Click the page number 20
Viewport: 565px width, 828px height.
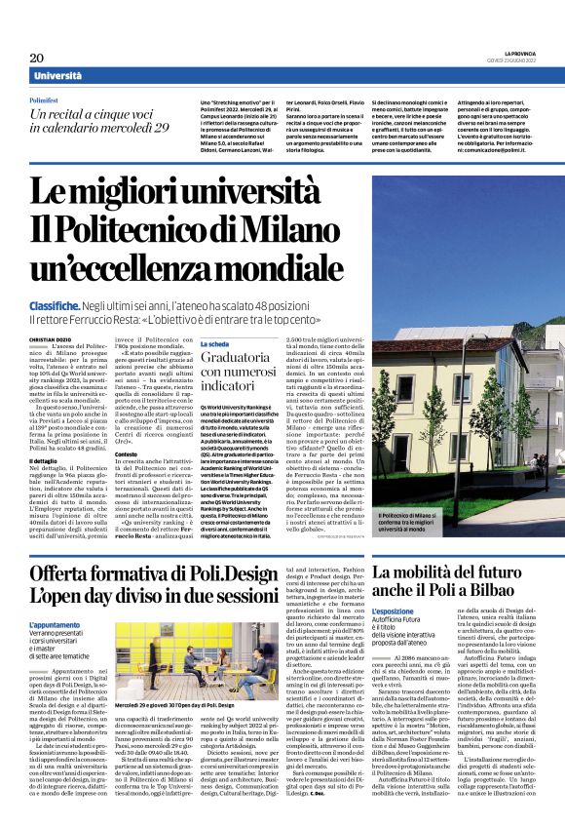(36, 58)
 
